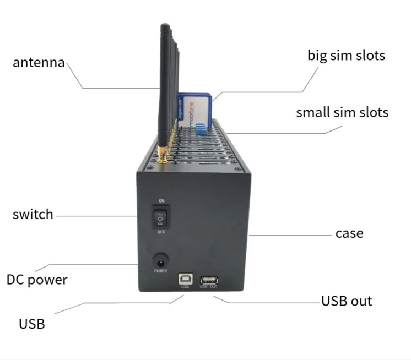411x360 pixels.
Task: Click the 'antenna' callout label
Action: click(39, 62)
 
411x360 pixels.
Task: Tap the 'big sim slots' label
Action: click(346, 56)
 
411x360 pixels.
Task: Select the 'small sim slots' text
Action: click(342, 112)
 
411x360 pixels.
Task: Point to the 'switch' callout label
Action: click(33, 214)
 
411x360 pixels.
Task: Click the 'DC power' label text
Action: click(37, 280)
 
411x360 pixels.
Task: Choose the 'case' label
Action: click(349, 233)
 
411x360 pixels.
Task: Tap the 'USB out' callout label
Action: click(347, 301)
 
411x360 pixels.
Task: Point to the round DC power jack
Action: click(160, 259)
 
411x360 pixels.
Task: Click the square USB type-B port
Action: click(184, 279)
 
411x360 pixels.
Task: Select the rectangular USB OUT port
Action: click(209, 279)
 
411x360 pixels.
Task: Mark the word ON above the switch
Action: click(161, 201)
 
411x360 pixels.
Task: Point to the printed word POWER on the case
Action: click(160, 271)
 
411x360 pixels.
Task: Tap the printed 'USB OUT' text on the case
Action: click(209, 287)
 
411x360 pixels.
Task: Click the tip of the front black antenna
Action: click(164, 26)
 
